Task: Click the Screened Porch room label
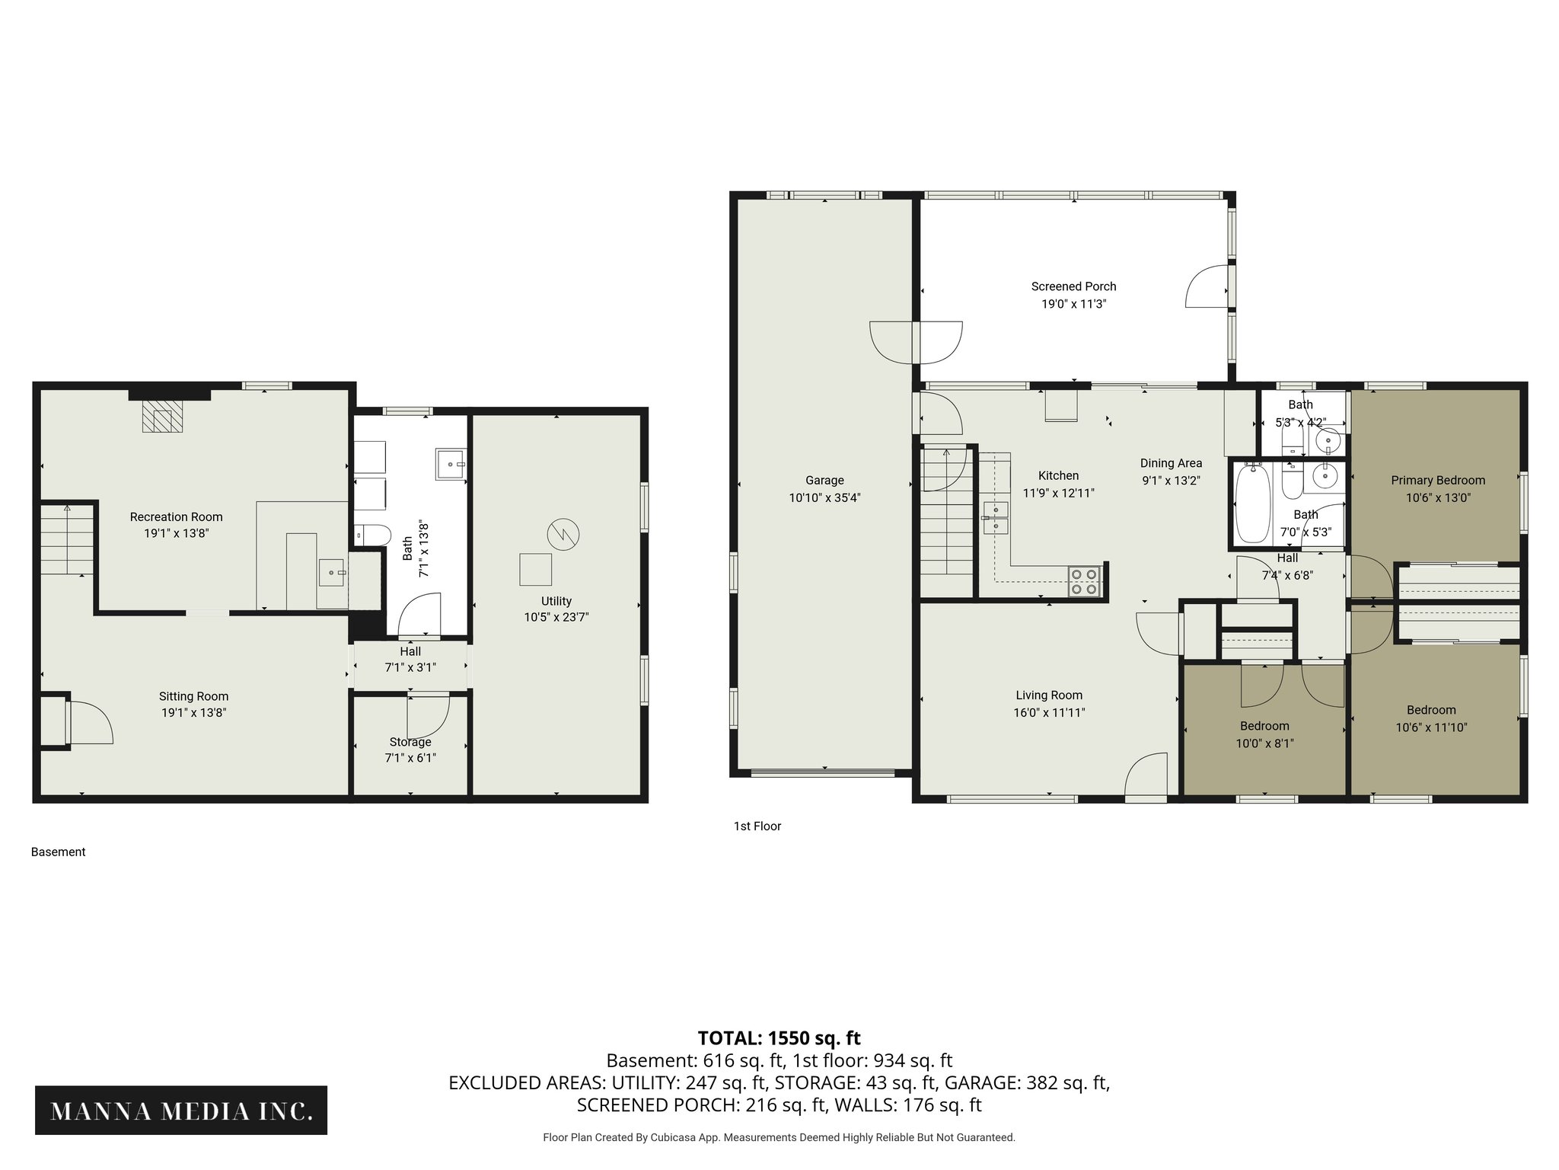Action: point(1073,286)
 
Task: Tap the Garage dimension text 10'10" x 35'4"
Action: point(824,498)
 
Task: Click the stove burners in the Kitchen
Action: point(1084,581)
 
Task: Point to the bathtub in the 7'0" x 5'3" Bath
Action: point(1250,503)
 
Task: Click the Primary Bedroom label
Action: point(1437,481)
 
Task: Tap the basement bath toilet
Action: point(373,535)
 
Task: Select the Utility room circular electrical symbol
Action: point(563,533)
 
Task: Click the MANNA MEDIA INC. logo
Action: point(181,1111)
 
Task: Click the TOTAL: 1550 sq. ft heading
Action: point(779,1038)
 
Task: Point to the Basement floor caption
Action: point(58,852)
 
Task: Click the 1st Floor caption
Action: point(757,826)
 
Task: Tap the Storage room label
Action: point(410,742)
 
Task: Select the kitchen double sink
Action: point(995,517)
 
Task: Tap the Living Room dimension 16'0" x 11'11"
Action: point(1048,713)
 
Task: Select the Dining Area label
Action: point(1171,463)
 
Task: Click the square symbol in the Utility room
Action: point(536,569)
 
